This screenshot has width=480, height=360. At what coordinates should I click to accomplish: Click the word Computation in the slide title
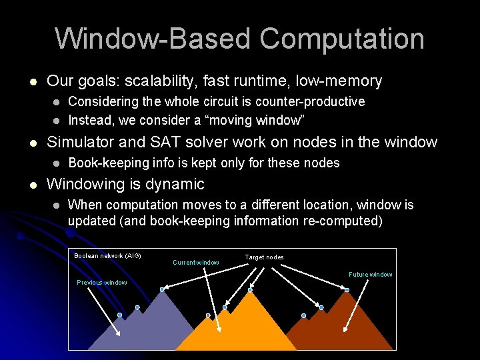click(342, 39)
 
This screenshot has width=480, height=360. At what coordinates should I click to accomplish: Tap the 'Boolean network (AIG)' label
click(107, 256)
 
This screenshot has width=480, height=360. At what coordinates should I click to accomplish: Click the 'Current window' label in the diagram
click(196, 263)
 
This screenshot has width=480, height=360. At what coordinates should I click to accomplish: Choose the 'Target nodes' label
click(264, 257)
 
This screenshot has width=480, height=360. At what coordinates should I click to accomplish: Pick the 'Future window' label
click(371, 275)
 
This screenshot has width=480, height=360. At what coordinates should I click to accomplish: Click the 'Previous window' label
click(101, 283)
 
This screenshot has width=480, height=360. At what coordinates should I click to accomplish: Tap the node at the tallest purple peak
click(162, 289)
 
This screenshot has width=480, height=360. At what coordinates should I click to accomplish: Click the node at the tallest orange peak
click(250, 290)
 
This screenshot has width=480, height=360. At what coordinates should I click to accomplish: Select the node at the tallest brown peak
click(347, 290)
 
